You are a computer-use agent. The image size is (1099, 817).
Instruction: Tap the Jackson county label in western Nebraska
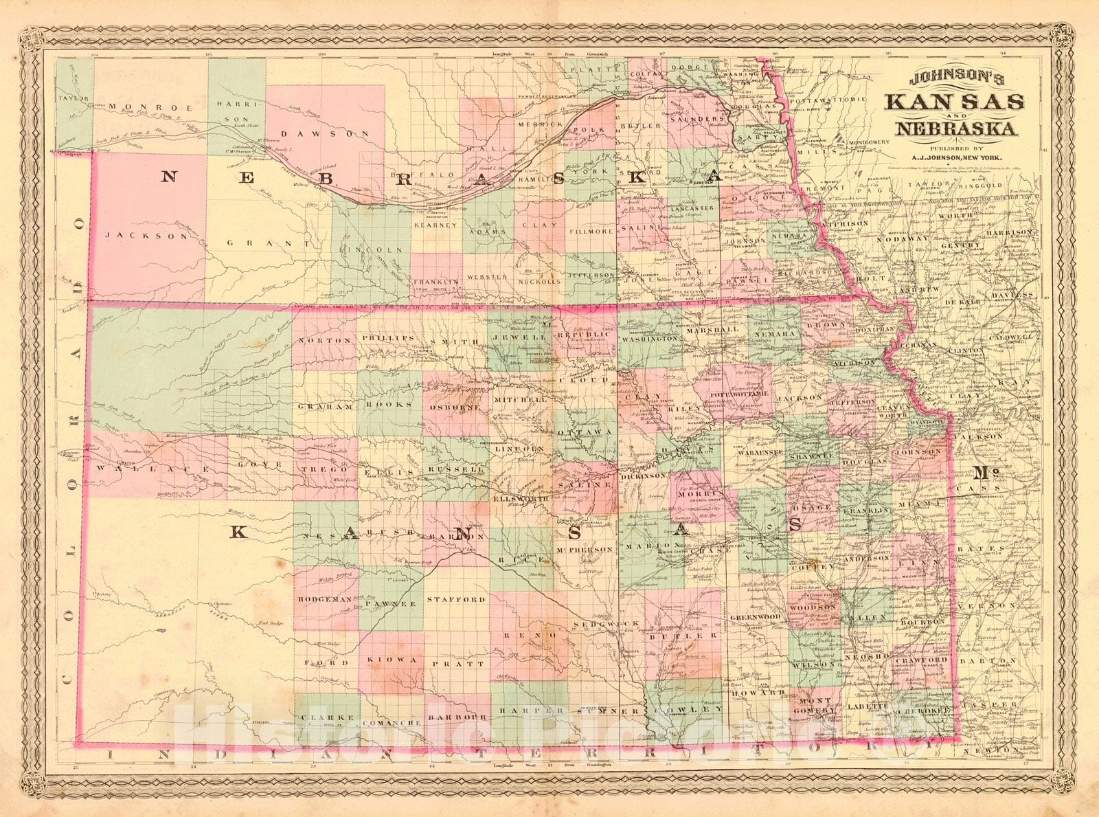pyautogui.click(x=146, y=235)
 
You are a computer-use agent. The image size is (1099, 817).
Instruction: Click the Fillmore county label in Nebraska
pyautogui.click(x=591, y=232)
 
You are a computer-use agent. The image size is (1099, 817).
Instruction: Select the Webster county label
pyautogui.click(x=486, y=278)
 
